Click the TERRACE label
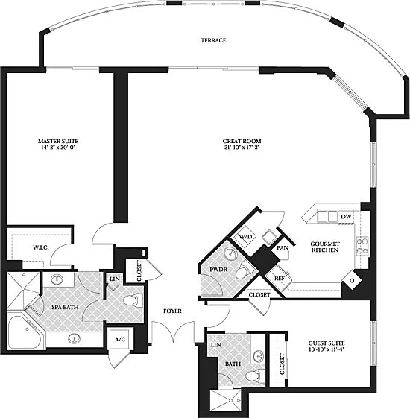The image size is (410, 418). click(x=213, y=40)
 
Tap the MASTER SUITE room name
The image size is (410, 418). click(x=58, y=141)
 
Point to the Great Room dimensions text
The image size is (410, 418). click(x=242, y=147)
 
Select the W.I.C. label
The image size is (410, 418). click(x=41, y=247)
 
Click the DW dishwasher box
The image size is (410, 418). click(x=346, y=217)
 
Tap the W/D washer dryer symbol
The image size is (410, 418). click(x=245, y=236)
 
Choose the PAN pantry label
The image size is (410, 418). click(x=283, y=248)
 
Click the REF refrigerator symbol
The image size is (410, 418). click(x=279, y=279)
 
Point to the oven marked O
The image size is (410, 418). click(x=352, y=280)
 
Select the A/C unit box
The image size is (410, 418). click(x=120, y=339)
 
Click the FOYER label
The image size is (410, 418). click(x=172, y=311)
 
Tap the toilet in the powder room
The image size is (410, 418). click(x=245, y=270)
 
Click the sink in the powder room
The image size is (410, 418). click(x=230, y=253)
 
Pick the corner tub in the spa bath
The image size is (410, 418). click(x=25, y=332)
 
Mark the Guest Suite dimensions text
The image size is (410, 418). click(x=327, y=349)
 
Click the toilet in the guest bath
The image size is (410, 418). click(x=254, y=376)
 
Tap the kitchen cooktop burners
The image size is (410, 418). click(x=362, y=246)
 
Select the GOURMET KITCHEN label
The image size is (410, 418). click(x=325, y=247)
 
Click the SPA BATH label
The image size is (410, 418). click(x=65, y=307)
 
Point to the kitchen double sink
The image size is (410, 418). click(x=327, y=216)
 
